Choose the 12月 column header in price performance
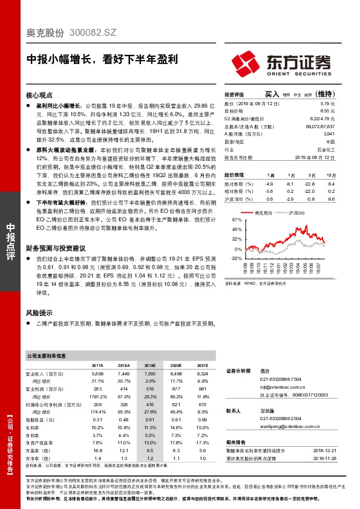click(330, 174)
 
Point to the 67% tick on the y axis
click(237, 221)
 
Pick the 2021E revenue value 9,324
click(201, 375)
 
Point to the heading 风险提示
click(39, 313)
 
